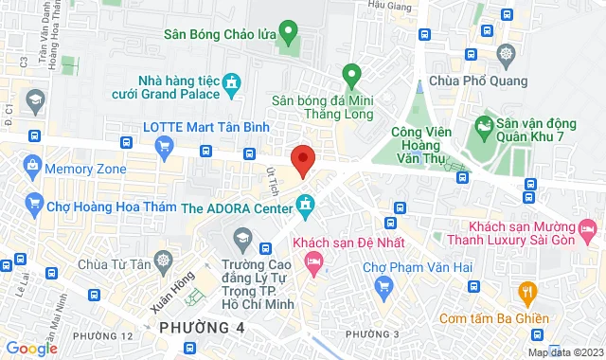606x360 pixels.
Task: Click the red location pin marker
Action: (302, 159)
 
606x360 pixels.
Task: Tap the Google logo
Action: (30, 349)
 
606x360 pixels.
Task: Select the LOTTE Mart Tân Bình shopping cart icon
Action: (165, 145)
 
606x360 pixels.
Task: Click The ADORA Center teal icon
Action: (305, 202)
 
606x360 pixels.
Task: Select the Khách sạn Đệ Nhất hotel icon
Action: (313, 261)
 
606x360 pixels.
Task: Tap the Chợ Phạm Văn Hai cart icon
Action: (383, 285)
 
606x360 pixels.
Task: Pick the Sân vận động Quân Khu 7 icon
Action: (484, 124)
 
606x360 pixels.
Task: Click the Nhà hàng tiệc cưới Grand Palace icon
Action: (230, 89)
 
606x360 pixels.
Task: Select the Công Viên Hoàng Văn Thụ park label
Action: (418, 148)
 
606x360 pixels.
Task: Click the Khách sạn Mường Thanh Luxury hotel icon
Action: (587, 228)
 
